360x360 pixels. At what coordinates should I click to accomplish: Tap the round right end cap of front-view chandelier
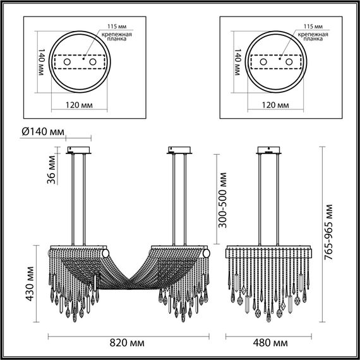(206, 252)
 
